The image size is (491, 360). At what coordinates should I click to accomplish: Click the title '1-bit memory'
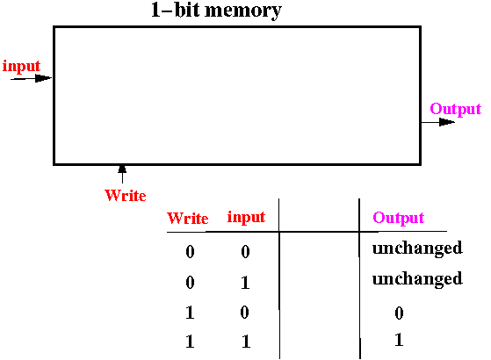(216, 11)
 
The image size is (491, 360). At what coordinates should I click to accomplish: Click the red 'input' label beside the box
(21, 66)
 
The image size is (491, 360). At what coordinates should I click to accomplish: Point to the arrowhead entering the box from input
(43, 78)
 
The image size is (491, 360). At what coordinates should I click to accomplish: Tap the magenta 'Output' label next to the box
(455, 109)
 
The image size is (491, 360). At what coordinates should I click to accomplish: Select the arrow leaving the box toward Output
(437, 122)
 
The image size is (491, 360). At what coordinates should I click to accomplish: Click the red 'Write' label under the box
(126, 196)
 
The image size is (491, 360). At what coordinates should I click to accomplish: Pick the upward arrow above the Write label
(122, 174)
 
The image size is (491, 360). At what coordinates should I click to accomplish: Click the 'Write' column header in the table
(188, 218)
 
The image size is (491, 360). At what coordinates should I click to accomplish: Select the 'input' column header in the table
(246, 217)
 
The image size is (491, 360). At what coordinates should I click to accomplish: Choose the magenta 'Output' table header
(398, 218)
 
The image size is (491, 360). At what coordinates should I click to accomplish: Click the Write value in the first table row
(190, 251)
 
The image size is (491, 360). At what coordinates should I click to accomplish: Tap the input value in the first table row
(245, 251)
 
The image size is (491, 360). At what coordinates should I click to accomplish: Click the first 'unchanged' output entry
(417, 248)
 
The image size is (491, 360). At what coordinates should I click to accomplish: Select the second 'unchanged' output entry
(417, 279)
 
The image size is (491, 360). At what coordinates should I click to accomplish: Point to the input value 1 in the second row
(245, 283)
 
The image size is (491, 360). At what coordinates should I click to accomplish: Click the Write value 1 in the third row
(190, 313)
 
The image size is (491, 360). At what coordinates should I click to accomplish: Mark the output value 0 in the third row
(399, 313)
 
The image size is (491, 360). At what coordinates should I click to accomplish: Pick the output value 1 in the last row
(399, 340)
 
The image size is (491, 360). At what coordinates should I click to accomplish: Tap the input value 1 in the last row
(246, 342)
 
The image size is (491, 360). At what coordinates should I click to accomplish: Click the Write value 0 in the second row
(190, 283)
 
